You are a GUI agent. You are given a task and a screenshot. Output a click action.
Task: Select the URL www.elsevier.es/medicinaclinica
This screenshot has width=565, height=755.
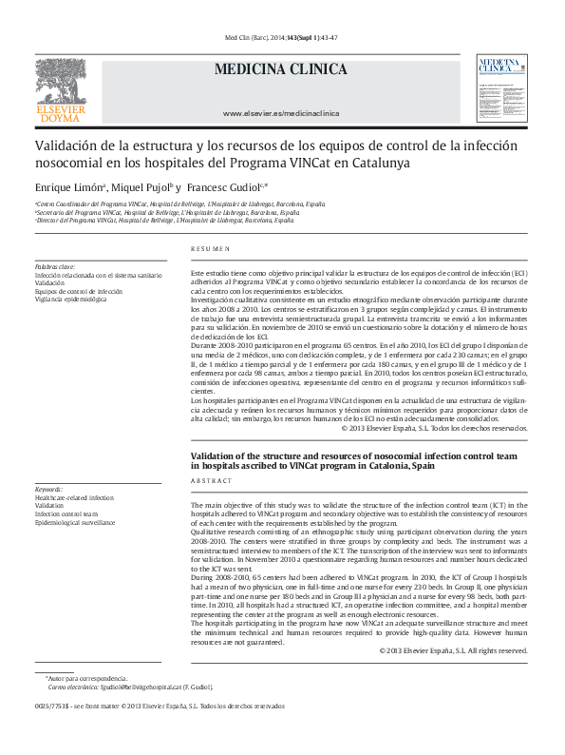click(x=280, y=113)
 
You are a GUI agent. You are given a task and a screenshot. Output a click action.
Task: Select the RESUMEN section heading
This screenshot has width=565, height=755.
click(x=210, y=248)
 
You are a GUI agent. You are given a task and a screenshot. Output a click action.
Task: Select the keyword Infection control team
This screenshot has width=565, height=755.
click(x=67, y=513)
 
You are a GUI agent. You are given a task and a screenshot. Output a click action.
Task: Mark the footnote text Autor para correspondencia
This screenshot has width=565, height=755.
click(x=80, y=677)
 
